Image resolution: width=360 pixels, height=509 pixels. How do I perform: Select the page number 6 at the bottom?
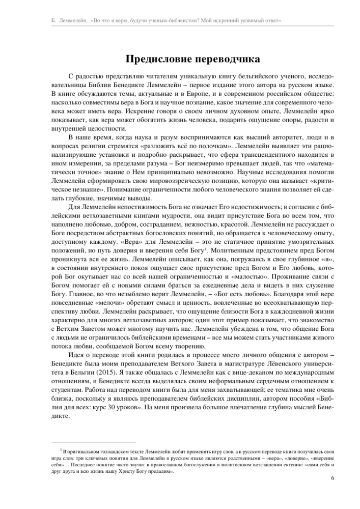(x=333, y=478)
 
